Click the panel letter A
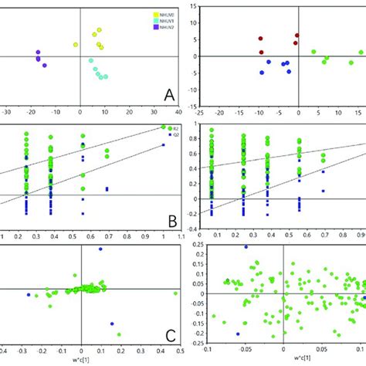171,96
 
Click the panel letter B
173,222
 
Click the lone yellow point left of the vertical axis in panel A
75,45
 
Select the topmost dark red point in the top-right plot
297,36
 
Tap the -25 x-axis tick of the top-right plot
199,113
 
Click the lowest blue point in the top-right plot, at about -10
263,73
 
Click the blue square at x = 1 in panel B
164,144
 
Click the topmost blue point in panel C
100,249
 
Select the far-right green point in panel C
176,293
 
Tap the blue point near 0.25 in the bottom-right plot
246,247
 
